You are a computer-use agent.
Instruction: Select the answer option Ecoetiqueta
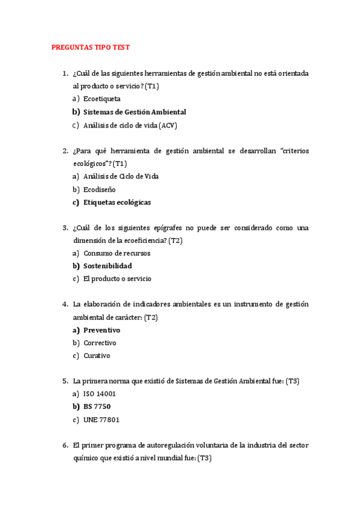point(102,99)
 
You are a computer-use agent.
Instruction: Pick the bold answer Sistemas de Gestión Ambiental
point(135,112)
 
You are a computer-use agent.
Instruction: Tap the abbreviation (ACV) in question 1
point(168,125)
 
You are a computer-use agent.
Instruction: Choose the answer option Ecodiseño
point(99,189)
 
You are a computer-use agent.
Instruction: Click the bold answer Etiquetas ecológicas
point(117,202)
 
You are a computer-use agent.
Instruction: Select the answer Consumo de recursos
point(117,253)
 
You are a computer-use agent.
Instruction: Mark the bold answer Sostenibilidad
point(108,266)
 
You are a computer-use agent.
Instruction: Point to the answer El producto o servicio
point(117,279)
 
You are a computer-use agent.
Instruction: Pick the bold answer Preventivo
point(102,330)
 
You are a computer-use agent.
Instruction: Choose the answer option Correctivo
point(100,343)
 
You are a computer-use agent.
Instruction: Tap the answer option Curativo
point(97,355)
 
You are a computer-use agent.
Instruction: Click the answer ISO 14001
point(100,394)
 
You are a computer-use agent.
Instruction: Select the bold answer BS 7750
point(97,407)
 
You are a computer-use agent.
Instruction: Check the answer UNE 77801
point(101,420)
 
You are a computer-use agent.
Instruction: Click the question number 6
point(65,446)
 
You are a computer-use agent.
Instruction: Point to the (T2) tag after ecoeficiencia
point(175,241)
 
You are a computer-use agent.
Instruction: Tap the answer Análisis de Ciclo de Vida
point(121,176)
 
